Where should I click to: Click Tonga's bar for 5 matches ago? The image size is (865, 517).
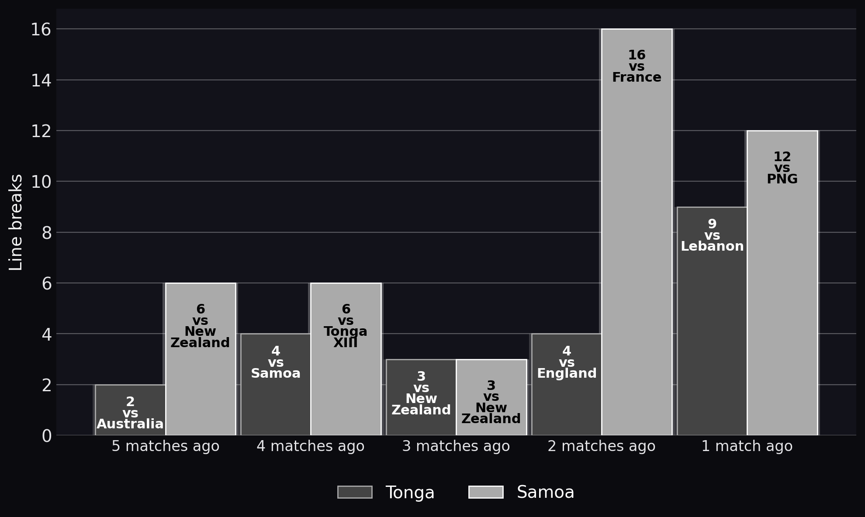click(131, 410)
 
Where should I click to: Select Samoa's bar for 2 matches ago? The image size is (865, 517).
click(637, 232)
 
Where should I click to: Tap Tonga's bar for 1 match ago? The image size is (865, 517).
click(712, 321)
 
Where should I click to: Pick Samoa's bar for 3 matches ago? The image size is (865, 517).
click(491, 397)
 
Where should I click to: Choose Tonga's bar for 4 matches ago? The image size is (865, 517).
click(276, 385)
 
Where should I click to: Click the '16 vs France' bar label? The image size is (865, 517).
click(637, 66)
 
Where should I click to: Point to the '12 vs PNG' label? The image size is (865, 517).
click(782, 168)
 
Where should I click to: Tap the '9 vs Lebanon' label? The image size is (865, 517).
click(712, 235)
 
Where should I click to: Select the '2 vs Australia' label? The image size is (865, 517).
click(130, 413)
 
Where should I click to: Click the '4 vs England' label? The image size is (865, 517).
click(567, 362)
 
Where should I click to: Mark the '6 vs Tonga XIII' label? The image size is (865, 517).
click(346, 326)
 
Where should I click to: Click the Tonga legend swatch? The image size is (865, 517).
click(355, 492)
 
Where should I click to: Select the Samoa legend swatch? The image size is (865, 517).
click(486, 492)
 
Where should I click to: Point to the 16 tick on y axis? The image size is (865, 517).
click(41, 30)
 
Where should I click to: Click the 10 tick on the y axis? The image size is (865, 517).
click(41, 182)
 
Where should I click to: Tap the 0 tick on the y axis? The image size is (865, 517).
click(47, 436)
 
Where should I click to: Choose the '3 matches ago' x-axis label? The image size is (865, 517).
click(456, 446)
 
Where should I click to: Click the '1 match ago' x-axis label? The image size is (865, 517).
click(747, 446)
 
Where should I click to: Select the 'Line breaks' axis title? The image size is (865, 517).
click(16, 222)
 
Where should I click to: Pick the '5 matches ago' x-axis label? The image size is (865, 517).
click(166, 446)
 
